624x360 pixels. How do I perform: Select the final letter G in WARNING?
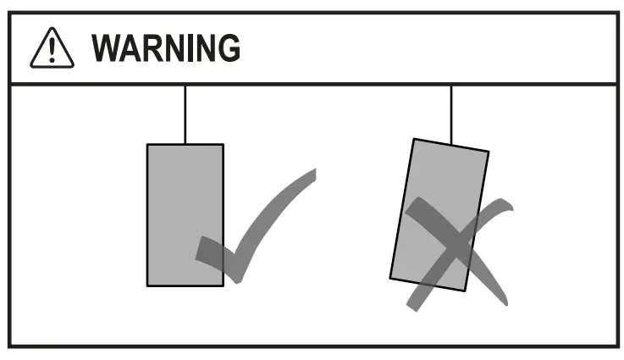(x=227, y=49)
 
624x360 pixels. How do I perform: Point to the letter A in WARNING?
(x=135, y=49)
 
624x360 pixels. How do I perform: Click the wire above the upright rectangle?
(x=185, y=114)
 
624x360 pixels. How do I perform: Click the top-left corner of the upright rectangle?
(x=147, y=145)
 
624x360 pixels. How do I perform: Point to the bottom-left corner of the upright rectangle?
(x=147, y=285)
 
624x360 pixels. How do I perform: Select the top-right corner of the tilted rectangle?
(x=489, y=152)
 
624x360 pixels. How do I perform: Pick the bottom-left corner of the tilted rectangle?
(x=390, y=277)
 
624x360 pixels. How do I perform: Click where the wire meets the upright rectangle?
(x=185, y=144)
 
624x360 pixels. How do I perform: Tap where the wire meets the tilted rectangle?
(x=451, y=144)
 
